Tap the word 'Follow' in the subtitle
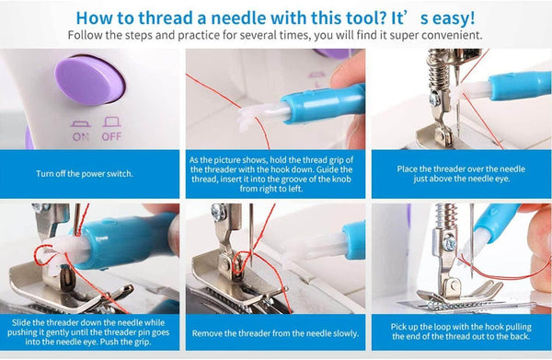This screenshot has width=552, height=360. tap(90, 35)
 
